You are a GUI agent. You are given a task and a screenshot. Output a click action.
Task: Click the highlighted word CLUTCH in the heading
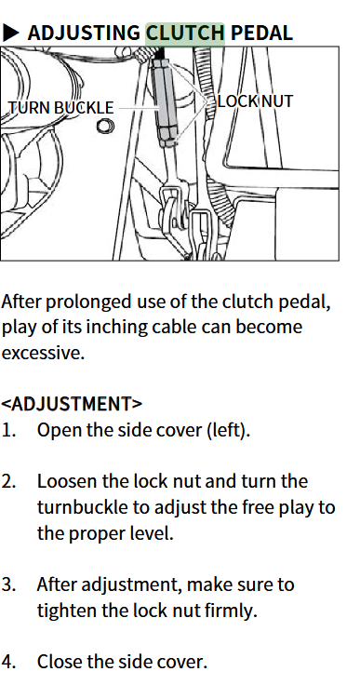click(185, 34)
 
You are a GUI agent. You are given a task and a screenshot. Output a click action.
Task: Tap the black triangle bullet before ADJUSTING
click(11, 33)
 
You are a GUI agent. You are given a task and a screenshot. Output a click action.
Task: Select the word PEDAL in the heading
click(261, 34)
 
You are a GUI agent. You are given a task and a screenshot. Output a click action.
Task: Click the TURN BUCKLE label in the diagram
click(61, 107)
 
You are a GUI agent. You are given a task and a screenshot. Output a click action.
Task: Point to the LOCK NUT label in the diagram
click(255, 101)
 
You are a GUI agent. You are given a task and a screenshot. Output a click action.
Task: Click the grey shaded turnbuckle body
click(166, 101)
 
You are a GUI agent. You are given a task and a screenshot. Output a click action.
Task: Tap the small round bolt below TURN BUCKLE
click(105, 127)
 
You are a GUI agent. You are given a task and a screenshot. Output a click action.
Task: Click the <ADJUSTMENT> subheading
click(72, 404)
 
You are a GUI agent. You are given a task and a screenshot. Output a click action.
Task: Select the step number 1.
click(8, 430)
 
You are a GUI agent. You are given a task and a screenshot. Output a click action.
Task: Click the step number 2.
click(8, 481)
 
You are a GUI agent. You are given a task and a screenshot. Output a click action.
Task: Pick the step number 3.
click(8, 584)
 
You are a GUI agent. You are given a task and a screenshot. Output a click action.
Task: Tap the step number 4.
click(8, 662)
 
